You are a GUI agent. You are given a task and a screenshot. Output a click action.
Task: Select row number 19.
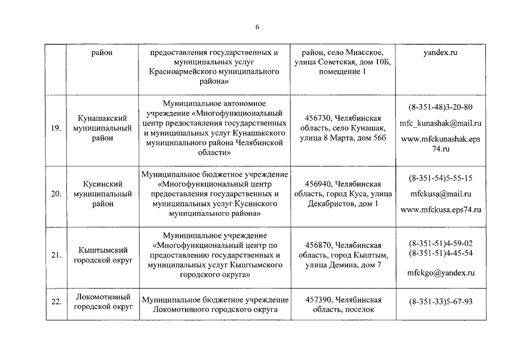tap(56, 128)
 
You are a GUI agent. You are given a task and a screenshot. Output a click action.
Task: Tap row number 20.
tap(56, 194)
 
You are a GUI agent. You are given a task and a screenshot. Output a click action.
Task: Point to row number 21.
tap(56, 255)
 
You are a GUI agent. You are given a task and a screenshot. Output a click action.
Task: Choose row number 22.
tap(56, 302)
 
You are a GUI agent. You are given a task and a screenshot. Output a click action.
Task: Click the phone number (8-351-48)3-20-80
tap(440, 107)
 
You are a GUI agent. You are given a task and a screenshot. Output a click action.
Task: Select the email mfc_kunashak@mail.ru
tap(440, 123)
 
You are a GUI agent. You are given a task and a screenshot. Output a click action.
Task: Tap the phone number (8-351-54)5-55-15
tap(440, 178)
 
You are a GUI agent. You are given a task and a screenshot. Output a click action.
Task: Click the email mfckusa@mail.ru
tap(440, 194)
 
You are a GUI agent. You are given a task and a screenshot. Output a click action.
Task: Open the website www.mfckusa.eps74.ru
tap(440, 210)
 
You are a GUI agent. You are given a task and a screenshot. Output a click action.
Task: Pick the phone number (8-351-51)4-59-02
tap(440, 243)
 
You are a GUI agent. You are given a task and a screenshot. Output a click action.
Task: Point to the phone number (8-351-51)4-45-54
tap(440, 253)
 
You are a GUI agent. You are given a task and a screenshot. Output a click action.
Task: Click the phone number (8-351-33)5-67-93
tap(440, 302)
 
